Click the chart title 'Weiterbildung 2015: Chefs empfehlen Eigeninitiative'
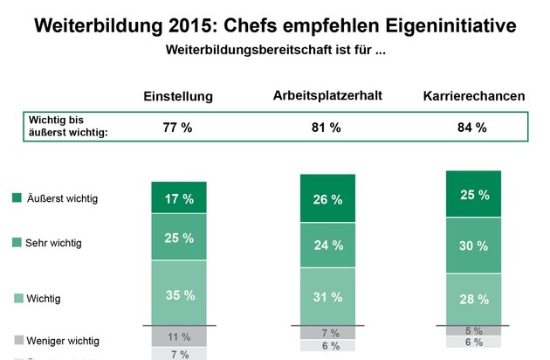point(275,24)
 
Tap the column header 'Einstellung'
point(178,96)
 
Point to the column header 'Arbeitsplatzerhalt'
point(327,94)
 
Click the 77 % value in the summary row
point(178,128)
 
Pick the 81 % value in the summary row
point(327,128)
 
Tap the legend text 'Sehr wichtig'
point(53,243)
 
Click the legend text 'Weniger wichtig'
point(62,340)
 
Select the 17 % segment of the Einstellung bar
point(179,198)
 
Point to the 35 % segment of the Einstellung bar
point(179,294)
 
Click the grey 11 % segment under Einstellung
point(179,336)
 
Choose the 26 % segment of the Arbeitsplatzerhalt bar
point(327,199)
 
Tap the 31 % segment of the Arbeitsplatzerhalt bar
point(327,296)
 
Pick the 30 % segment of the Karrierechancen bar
point(474,246)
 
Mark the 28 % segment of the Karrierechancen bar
point(474,300)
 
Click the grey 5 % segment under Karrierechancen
point(474,330)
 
